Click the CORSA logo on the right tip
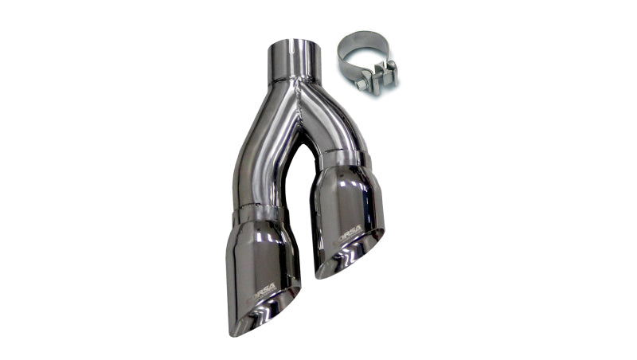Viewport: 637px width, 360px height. point(349,231)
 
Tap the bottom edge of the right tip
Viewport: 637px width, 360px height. point(326,275)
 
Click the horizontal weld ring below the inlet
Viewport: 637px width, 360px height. point(295,80)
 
